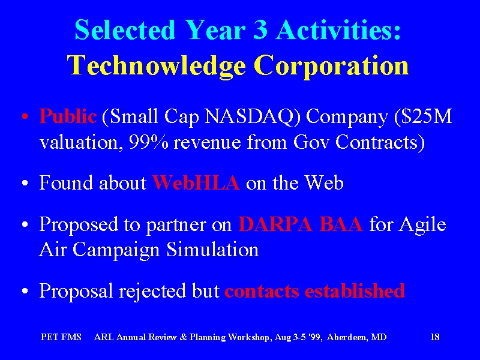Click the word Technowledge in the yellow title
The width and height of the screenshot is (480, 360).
157,66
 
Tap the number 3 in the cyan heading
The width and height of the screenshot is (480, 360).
260,29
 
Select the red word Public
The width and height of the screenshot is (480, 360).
68,116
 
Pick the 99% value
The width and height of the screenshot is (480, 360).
148,142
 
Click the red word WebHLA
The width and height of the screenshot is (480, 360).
196,183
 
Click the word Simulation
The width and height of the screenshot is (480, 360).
212,249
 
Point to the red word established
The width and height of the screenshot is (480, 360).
355,290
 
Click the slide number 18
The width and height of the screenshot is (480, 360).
435,337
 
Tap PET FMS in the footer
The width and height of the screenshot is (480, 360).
61,337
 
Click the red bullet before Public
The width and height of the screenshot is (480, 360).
25,117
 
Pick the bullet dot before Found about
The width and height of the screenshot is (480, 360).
25,183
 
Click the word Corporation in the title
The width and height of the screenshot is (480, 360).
332,66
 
